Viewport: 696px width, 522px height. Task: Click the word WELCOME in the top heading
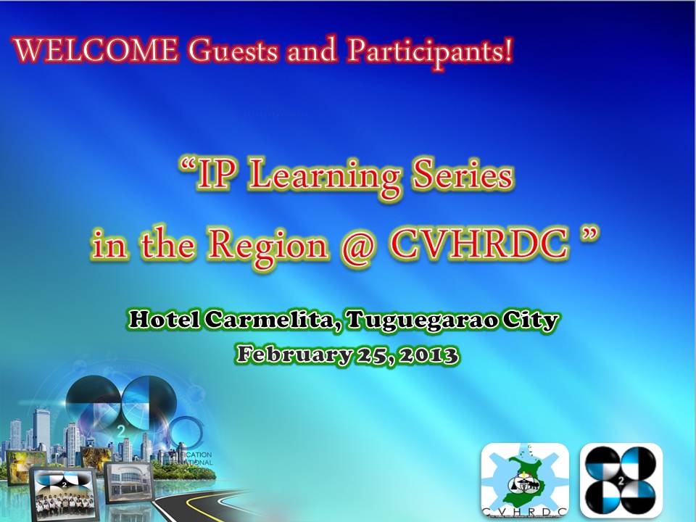click(96, 50)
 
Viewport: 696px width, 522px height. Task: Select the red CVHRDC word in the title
click(478, 244)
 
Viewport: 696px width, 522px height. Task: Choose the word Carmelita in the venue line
click(271, 319)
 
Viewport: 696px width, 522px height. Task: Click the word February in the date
click(294, 355)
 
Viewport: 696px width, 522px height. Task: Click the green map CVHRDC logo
click(525, 480)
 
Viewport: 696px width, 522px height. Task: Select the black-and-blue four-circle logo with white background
click(621, 480)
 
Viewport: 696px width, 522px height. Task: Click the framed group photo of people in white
click(65, 494)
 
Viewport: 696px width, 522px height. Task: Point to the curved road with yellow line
click(200, 506)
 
